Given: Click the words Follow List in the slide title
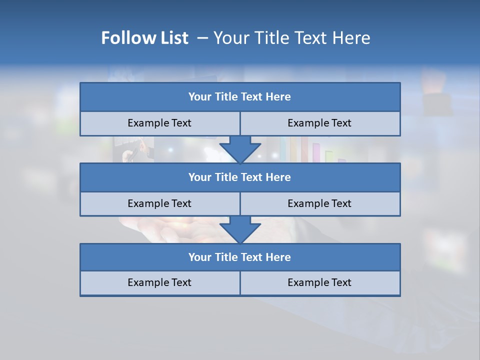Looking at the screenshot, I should [x=144, y=38].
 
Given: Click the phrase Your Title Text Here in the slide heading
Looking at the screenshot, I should [x=291, y=38].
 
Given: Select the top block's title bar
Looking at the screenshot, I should [x=240, y=97].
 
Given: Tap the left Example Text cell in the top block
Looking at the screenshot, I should [x=159, y=123].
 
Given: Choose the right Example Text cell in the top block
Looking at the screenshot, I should [x=319, y=123].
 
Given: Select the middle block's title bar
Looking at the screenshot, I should [x=240, y=177].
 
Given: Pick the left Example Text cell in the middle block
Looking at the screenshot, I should [x=159, y=203].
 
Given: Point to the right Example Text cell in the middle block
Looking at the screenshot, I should [x=319, y=203].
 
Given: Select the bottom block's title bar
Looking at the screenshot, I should [x=240, y=257].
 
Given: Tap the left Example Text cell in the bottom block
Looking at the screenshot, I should [x=159, y=282].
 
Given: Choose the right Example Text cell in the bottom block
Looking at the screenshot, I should [x=319, y=282].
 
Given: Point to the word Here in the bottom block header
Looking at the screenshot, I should [x=278, y=257].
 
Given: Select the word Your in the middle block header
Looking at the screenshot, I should [x=200, y=177].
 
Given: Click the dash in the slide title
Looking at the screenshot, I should [x=203, y=38].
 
